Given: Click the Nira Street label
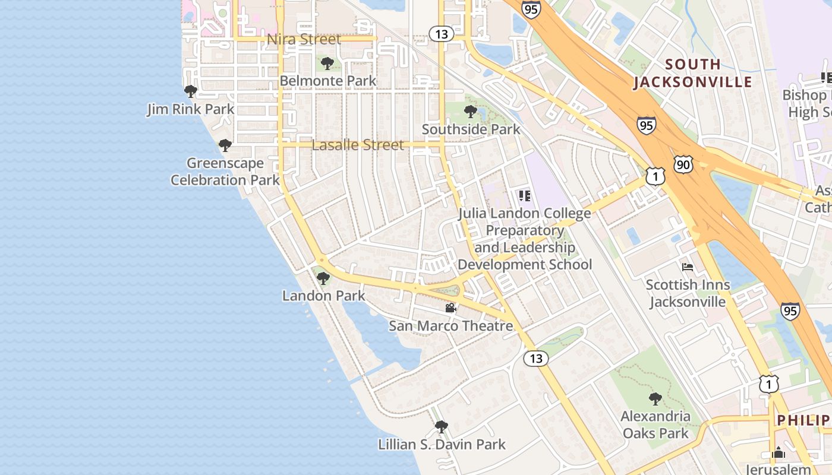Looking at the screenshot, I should (x=304, y=39).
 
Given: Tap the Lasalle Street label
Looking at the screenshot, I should (x=358, y=145).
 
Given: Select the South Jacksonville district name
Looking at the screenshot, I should (x=693, y=72).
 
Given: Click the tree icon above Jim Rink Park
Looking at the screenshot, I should (x=191, y=91).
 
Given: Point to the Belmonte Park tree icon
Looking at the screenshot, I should (x=327, y=64).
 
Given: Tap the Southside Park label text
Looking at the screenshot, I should (x=471, y=129).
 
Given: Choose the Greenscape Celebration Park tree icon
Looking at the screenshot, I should (x=225, y=145).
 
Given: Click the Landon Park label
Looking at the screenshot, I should (x=323, y=295).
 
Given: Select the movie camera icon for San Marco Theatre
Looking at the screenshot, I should (x=451, y=308).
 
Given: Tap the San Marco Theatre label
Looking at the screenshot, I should (x=450, y=325).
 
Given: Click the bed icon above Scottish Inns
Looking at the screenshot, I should (x=688, y=267).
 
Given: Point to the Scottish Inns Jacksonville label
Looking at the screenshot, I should (x=688, y=293).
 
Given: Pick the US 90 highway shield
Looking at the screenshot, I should (x=683, y=164).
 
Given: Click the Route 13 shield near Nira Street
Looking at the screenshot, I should (x=441, y=34).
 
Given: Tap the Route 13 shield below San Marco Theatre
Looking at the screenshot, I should (x=536, y=358).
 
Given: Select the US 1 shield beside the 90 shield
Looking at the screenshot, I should (x=655, y=176).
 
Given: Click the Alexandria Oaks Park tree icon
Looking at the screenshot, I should (x=655, y=398).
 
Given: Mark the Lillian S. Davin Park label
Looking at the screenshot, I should (x=442, y=444).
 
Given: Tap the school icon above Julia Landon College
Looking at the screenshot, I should (x=524, y=195).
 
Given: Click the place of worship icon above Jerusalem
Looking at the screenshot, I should (x=779, y=452).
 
